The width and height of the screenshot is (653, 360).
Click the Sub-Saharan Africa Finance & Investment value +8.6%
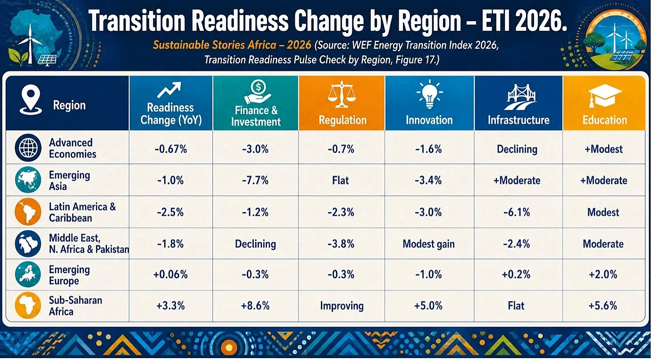(255, 306)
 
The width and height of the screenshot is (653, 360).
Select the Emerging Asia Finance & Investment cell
(255, 180)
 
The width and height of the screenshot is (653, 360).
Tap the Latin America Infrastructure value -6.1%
(517, 212)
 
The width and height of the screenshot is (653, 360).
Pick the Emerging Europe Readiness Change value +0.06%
(170, 275)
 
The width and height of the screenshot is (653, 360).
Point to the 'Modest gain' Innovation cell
(428, 244)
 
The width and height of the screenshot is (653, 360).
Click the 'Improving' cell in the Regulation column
(342, 306)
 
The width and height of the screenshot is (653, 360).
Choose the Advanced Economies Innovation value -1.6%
(428, 149)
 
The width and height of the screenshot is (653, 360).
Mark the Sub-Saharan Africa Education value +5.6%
(603, 306)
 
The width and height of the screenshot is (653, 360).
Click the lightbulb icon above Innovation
(429, 94)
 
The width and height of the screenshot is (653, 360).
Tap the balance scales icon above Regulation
(342, 94)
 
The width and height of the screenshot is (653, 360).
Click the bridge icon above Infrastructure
(519, 97)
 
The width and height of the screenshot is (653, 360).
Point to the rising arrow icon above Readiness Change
(169, 90)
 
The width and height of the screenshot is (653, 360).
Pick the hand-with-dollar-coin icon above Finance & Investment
(258, 92)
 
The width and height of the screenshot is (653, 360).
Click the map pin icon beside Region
(31, 100)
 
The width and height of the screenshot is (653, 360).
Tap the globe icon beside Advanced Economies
(28, 148)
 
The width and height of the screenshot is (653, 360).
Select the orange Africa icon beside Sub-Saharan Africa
(28, 305)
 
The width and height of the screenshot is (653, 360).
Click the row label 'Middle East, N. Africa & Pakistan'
(89, 243)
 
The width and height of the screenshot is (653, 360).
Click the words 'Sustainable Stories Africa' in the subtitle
(215, 45)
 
